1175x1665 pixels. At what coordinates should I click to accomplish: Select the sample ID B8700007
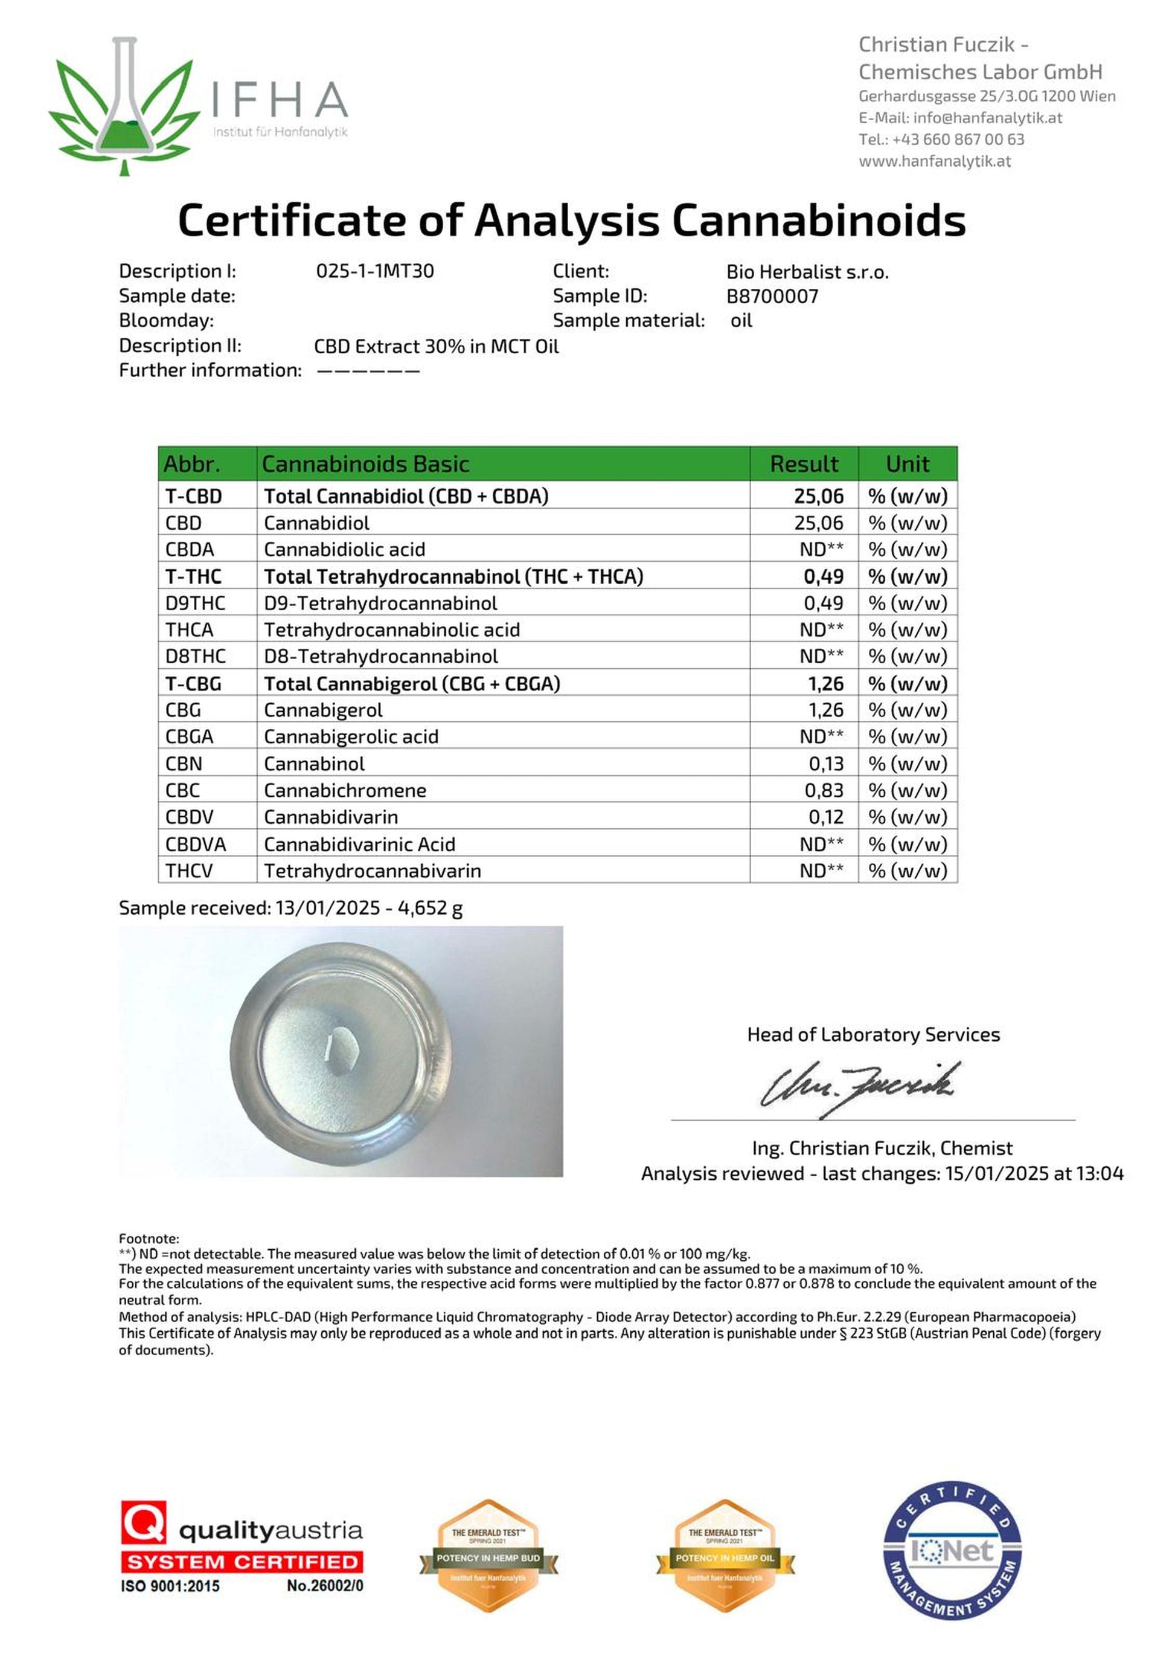(x=772, y=296)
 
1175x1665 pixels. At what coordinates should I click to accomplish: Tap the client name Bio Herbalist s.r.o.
(x=807, y=272)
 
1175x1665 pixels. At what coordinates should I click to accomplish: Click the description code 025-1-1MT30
(x=375, y=271)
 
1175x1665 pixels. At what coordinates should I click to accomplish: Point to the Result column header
(x=803, y=464)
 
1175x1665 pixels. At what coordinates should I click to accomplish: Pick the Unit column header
(x=907, y=464)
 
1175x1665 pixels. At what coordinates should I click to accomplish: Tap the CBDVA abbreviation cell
(x=195, y=844)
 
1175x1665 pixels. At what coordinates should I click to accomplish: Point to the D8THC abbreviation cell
(x=195, y=656)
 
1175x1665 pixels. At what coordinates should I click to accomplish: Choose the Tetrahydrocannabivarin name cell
(x=372, y=871)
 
